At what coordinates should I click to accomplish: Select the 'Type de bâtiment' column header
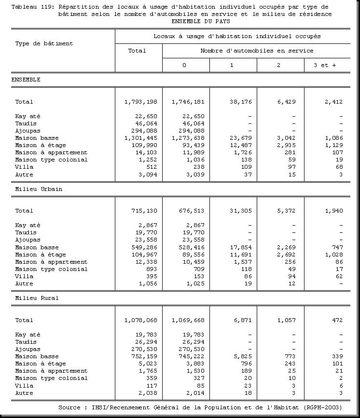pyautogui.click(x=44, y=43)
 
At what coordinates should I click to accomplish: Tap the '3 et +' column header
pyautogui.click(x=325, y=65)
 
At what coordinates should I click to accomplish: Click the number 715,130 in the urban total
pyautogui.click(x=143, y=211)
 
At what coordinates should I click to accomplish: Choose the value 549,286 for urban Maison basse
pyautogui.click(x=143, y=247)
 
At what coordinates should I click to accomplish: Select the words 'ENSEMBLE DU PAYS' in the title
pyautogui.click(x=200, y=21)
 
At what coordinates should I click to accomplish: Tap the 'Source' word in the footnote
pyautogui.click(x=69, y=407)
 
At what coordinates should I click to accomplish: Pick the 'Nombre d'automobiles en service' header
pyautogui.click(x=257, y=51)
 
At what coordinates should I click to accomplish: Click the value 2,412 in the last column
pyautogui.click(x=333, y=102)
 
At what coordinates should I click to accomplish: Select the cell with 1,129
pyautogui.click(x=333, y=145)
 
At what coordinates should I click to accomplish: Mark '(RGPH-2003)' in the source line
pyautogui.click(x=323, y=407)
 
